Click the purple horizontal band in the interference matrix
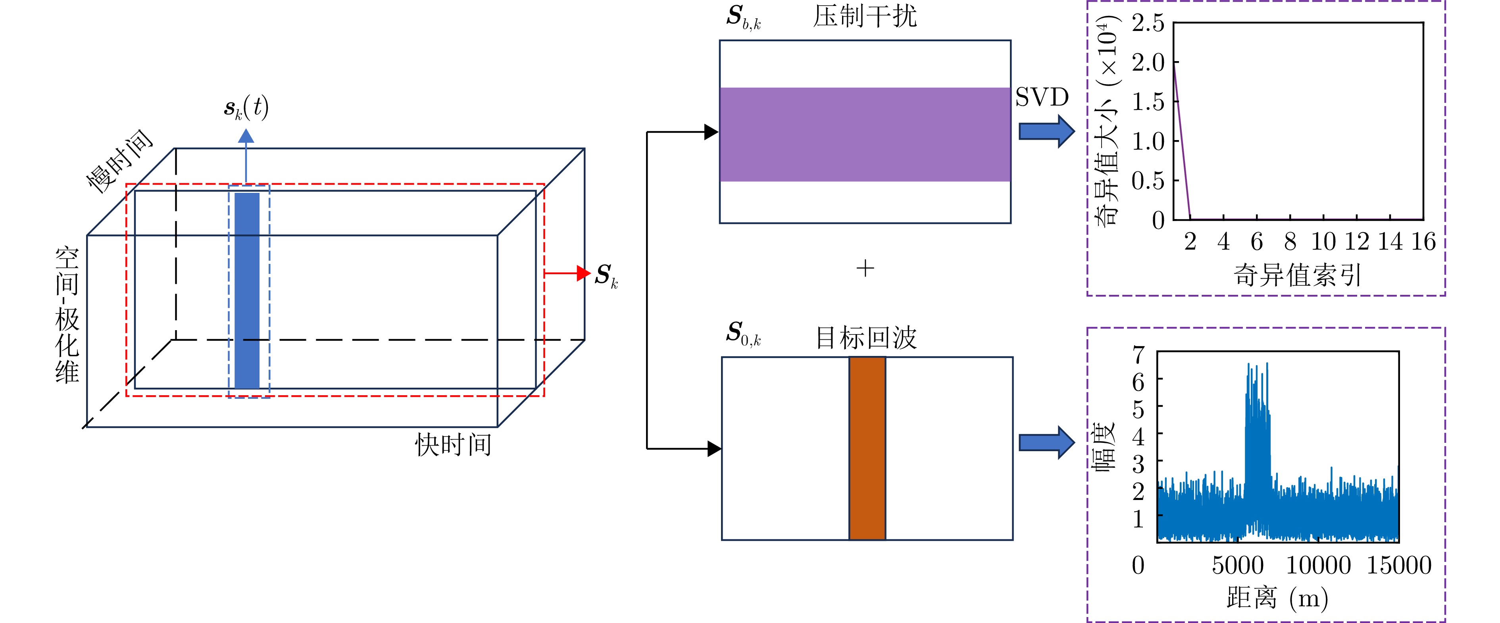coord(865,135)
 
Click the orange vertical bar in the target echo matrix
coord(867,448)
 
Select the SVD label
coord(1042,97)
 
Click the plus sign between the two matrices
coord(865,268)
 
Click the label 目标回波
coord(866,338)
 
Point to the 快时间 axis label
coord(453,445)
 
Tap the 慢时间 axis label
coord(119,161)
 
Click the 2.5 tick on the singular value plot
coord(1148,23)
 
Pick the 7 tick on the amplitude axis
coord(1138,354)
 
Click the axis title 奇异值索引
coord(1297,275)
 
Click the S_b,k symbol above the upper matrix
coord(743,17)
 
